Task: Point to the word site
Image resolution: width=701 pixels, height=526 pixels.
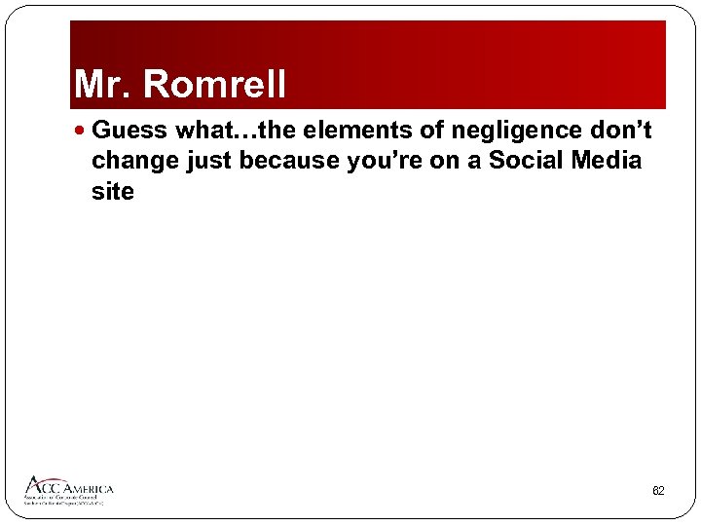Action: pyautogui.click(x=112, y=192)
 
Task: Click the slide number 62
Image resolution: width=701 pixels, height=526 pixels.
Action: pyautogui.click(x=658, y=491)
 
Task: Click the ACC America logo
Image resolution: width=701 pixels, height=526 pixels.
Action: pyautogui.click(x=69, y=490)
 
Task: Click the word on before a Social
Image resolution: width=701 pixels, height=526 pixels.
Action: pyautogui.click(x=443, y=161)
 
